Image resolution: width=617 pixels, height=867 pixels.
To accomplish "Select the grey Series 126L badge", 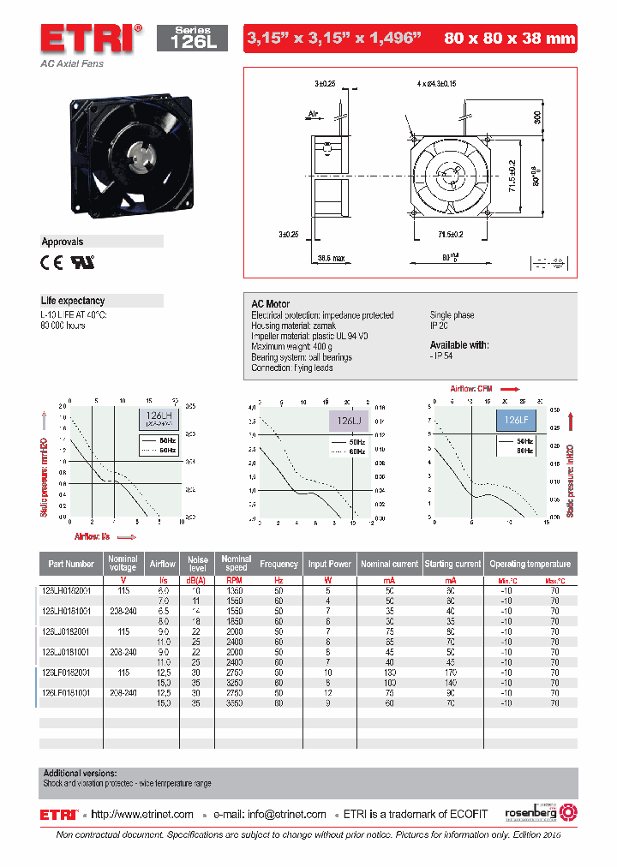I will [191, 38].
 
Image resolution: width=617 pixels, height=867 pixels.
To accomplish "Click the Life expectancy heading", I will [73, 301].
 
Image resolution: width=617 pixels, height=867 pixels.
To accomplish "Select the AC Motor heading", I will [270, 304].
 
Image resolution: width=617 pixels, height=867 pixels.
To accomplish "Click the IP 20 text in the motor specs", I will [439, 326].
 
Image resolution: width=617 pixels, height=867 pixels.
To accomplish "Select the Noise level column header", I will [197, 564].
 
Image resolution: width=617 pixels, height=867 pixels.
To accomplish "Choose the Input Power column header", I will [329, 564].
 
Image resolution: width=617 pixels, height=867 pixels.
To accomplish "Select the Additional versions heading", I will [80, 773].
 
